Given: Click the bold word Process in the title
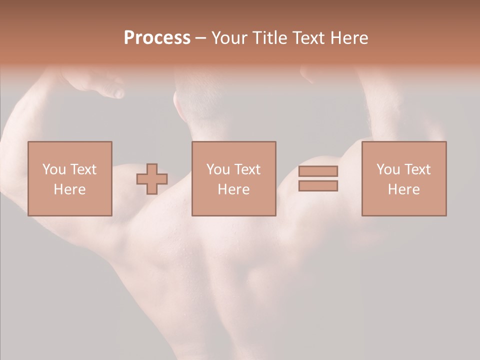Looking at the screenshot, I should (157, 37).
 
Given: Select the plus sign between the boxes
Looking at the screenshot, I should (152, 179).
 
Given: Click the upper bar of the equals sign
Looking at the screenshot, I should (318, 171).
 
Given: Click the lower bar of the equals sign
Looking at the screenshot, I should (318, 186).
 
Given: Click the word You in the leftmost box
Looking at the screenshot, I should (53, 169).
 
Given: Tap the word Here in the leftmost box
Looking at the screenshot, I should (69, 189).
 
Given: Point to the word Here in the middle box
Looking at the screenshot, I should (233, 189).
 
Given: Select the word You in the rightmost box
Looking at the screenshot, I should (388, 169).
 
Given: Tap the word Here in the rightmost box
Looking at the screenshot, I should (404, 189).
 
